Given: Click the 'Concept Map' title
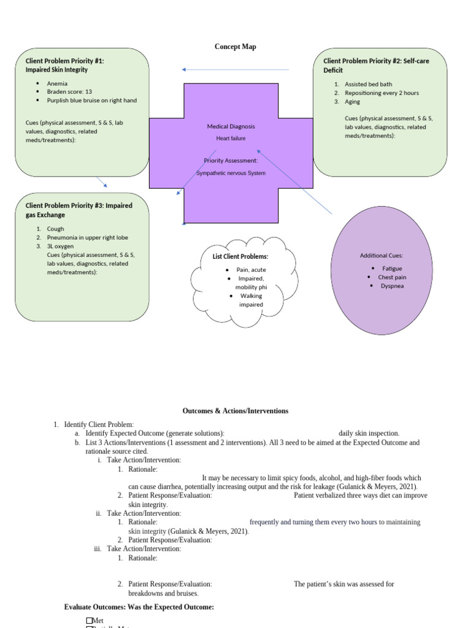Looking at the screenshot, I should (235, 47).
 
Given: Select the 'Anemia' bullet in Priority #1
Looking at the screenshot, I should (57, 83).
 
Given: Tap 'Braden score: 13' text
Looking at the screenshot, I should (69, 92).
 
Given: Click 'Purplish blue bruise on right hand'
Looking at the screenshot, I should (91, 101).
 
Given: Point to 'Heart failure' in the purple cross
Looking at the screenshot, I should (231, 139).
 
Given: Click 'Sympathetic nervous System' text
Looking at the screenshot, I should (231, 173).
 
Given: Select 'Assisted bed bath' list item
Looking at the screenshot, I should (368, 84).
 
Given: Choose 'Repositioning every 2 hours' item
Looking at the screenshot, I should (381, 93).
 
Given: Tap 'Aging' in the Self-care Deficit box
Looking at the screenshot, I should (352, 102).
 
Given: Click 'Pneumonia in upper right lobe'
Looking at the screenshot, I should (87, 237).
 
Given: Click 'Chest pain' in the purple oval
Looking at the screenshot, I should (392, 277).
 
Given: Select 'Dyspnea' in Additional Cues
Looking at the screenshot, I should (392, 286).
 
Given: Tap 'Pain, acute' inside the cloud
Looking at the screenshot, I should (251, 270).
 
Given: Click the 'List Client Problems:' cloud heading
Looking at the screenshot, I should (240, 256).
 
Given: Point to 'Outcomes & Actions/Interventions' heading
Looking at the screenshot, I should (235, 411).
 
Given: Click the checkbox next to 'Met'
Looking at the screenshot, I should (90, 621).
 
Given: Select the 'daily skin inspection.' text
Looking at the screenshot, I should (369, 433).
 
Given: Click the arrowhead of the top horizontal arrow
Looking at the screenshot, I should (184, 69).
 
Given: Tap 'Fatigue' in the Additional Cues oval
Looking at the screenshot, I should (392, 269).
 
